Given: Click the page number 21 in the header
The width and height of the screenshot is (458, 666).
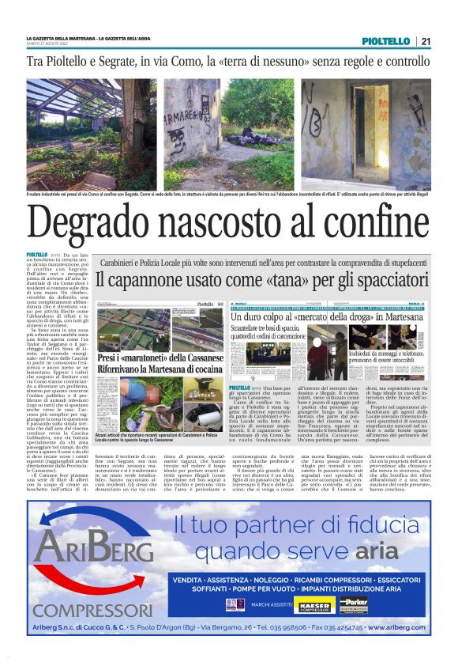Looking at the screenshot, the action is (426, 42).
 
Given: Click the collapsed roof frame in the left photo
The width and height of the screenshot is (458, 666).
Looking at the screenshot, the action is (79, 103).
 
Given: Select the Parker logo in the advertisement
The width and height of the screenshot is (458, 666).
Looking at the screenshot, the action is (354, 605).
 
